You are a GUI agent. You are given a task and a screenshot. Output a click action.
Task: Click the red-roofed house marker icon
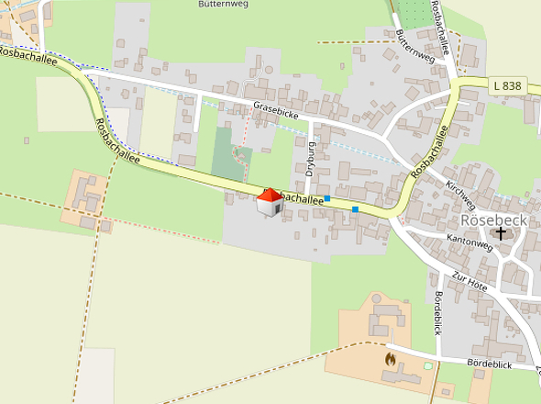tap(269, 203)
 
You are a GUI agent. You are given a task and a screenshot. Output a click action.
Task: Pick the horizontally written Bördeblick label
tap(488, 365)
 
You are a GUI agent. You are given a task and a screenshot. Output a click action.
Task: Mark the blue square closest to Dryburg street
tap(327, 197)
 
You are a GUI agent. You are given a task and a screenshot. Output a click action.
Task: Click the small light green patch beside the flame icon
tap(427, 367)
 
